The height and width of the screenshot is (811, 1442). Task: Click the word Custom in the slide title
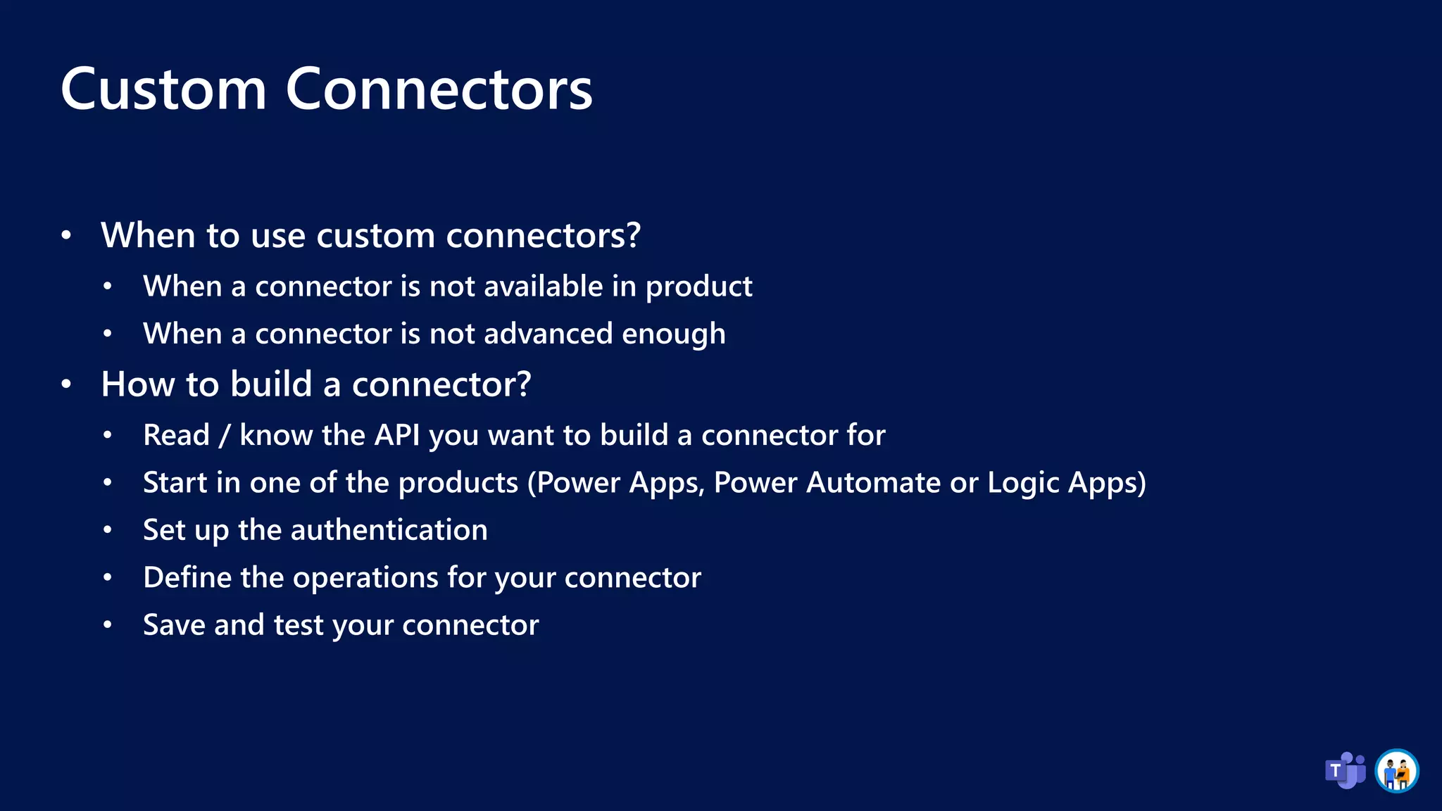point(163,89)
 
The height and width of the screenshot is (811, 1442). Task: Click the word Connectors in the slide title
point(439,89)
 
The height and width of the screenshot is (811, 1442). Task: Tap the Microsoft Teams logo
point(1345,770)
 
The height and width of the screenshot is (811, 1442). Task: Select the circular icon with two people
point(1396,771)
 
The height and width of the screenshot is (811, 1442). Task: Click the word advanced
point(548,334)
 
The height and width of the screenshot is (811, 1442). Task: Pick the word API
point(396,435)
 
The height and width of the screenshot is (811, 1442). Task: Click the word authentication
point(389,530)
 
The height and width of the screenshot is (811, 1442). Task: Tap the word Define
point(187,578)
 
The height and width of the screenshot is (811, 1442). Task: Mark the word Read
point(176,435)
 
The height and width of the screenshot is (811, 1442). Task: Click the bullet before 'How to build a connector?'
point(66,384)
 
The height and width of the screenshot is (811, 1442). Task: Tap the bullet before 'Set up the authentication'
point(107,530)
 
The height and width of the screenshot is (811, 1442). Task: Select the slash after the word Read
point(225,436)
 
